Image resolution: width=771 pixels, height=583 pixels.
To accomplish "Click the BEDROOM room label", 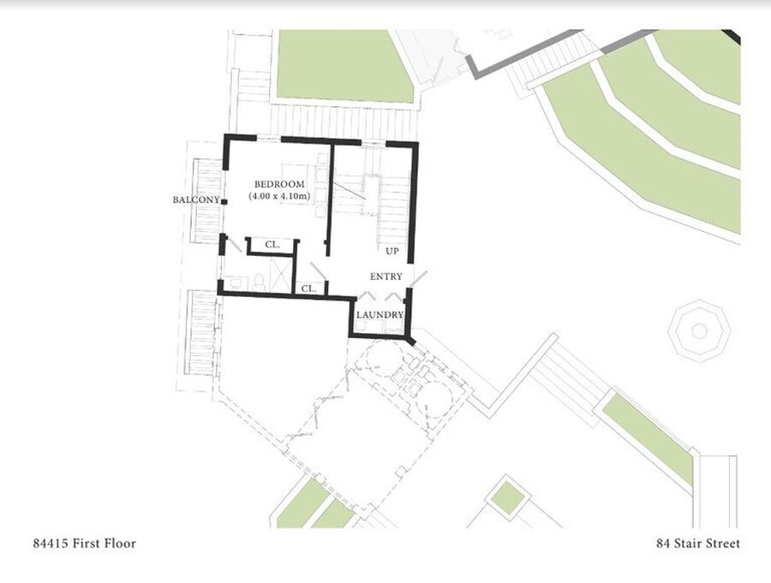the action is pos(279,184).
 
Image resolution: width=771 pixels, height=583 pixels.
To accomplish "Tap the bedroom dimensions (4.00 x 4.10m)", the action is pos(279,196).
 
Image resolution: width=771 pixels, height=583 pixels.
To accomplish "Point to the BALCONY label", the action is pos(195,200).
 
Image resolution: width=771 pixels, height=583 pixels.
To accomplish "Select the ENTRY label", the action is pos(386,277).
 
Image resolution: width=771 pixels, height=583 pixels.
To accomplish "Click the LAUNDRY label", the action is pos(380,315).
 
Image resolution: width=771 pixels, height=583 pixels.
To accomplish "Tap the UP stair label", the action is pos(391,251).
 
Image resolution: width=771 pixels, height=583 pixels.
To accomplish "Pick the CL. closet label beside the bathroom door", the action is pos(272,244).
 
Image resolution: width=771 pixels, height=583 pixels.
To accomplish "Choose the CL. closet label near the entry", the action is pos(308,289).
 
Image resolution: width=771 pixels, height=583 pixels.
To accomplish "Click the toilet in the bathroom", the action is pos(259,282).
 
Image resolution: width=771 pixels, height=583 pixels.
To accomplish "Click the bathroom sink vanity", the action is pos(236,283).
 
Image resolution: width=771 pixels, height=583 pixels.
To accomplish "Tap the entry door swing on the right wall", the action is pos(419,279).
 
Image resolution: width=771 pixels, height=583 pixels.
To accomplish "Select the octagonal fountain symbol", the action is pos(699,330).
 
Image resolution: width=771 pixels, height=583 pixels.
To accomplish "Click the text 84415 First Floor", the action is pos(85,543).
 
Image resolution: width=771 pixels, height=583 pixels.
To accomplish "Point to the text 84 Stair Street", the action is pos(698,543).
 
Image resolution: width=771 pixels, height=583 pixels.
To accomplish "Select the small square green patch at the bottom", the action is pos(507,498).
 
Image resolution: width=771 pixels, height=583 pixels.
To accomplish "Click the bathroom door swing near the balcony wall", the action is pos(234,246).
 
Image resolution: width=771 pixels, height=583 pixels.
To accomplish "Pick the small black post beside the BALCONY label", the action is pos(224,201).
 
